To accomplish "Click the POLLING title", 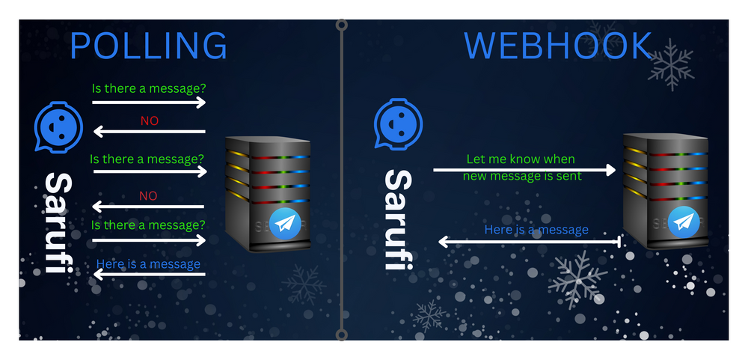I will pos(148,46).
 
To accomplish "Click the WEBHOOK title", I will pos(558,46).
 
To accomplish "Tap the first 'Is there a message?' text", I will pos(149,88).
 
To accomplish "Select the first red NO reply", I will pos(150,120).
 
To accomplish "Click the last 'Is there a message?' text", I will pos(149,225).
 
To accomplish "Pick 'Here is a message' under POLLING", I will pos(148,263).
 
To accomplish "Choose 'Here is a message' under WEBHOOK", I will pos(536,230).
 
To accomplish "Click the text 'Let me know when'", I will pos(521,159).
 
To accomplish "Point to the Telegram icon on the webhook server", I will pos(684,222).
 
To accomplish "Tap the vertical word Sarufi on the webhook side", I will pos(399,219).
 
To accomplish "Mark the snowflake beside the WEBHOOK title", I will pos(669,65).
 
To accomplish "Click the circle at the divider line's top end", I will pos(342,25).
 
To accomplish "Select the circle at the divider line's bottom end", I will pos(342,335).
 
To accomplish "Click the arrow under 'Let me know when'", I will pos(524,170).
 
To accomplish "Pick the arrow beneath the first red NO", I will pos(150,132).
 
